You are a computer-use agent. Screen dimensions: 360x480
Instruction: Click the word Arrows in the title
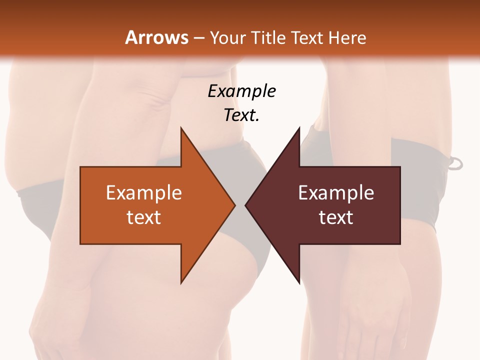point(156,37)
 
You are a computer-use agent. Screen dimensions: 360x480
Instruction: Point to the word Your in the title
point(227,37)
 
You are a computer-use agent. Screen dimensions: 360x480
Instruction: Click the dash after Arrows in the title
point(198,38)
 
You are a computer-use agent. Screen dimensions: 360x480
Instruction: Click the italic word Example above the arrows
point(241,91)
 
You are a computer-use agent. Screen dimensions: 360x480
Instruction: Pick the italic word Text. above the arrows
point(241,115)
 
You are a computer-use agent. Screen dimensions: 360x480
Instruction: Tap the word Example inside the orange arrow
point(144,193)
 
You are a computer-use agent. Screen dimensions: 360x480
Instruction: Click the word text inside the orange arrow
point(144,217)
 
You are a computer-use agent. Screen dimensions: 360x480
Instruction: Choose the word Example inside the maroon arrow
point(336,193)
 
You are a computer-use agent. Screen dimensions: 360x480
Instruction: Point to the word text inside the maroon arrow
point(336,217)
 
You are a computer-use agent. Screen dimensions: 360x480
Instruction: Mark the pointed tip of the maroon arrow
point(247,205)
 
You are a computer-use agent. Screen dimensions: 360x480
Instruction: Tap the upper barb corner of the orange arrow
point(181,129)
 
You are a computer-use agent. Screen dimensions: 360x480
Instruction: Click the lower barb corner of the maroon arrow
point(299,282)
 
